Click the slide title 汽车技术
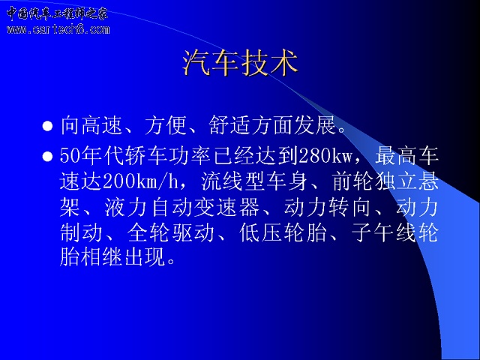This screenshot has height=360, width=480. click(240, 63)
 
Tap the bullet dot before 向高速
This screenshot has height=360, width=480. click(47, 126)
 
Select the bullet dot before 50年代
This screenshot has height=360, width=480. click(47, 157)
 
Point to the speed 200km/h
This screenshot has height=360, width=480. click(140, 181)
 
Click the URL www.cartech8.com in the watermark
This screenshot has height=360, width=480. click(58, 29)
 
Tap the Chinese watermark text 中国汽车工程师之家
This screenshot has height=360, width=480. click(57, 13)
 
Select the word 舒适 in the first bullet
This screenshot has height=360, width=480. click(229, 125)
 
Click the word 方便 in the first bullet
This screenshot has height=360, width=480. click(166, 125)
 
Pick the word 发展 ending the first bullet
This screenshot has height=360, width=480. click(315, 125)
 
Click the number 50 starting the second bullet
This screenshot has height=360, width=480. click(70, 156)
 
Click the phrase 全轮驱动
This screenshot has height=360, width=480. click(170, 233)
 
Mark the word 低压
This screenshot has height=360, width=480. click(260, 233)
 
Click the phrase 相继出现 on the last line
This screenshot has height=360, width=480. click(123, 256)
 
